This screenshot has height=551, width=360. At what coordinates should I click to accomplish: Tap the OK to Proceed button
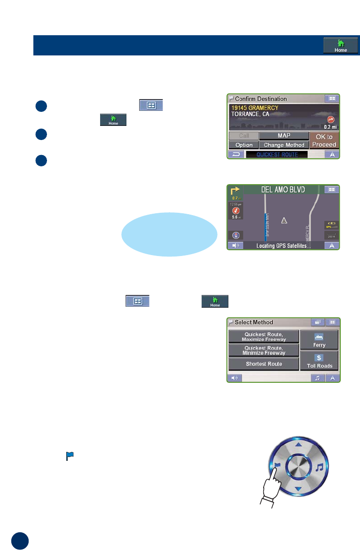324,140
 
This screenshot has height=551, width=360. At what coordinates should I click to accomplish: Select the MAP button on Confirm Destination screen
283,136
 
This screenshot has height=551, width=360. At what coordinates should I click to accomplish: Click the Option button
244,145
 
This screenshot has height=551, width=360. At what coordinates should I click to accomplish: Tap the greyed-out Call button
244,136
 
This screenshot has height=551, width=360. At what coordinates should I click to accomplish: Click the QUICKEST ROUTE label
277,155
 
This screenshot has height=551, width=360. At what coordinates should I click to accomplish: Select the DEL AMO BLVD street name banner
283,190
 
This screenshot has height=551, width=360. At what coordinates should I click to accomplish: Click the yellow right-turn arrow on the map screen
234,191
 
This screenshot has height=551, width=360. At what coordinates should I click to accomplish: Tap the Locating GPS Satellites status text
283,245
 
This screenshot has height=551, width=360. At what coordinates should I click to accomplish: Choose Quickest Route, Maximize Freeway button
264,336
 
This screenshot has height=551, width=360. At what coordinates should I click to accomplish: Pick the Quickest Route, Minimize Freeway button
264,350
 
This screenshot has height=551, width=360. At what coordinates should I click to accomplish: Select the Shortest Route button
264,364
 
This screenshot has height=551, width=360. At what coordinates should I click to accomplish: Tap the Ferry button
320,339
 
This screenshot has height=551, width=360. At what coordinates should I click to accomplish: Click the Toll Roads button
320,361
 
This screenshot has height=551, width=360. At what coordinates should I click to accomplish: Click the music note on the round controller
320,467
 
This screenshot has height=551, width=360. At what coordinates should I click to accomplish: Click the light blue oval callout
169,234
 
